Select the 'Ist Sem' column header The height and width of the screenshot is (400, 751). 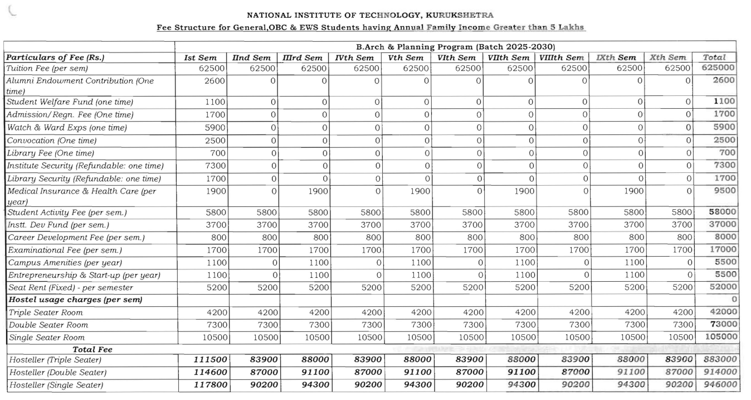pyautogui.click(x=198, y=57)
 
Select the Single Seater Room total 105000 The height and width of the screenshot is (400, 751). pyautogui.click(x=718, y=337)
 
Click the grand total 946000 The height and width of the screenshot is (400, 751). pyautogui.click(x=718, y=384)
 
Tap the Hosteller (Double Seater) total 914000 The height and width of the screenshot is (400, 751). pyautogui.click(x=718, y=372)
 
